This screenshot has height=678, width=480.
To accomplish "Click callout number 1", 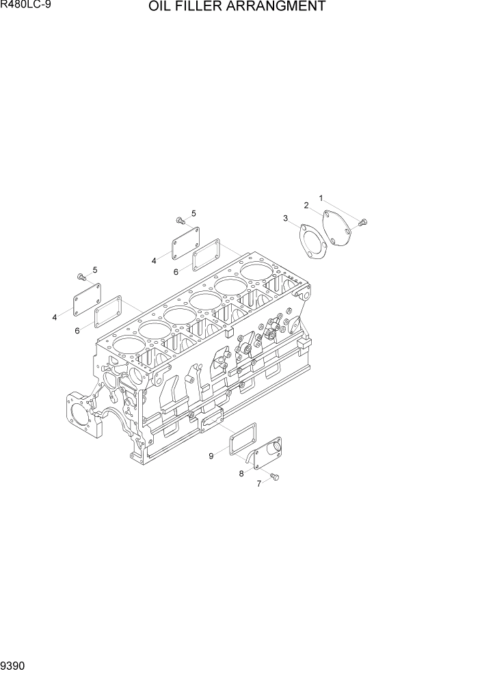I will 320,199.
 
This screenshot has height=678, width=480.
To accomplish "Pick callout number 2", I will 306,205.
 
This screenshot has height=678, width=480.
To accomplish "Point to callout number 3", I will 285,218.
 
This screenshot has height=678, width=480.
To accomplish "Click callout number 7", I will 258,484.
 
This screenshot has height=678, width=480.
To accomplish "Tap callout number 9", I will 211,455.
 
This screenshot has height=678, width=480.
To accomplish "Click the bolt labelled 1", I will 363,221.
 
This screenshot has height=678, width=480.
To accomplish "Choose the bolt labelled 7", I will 275,476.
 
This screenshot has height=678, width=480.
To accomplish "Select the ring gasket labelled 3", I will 312,242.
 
